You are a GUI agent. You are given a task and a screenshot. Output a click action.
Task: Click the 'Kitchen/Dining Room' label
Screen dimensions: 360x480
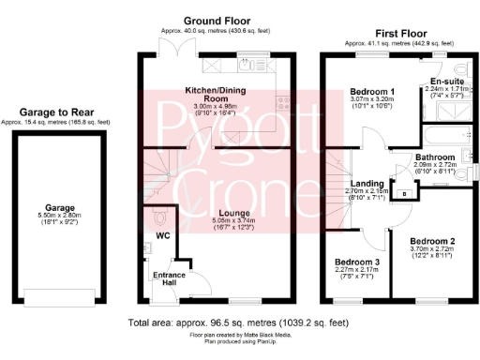tap(217, 94)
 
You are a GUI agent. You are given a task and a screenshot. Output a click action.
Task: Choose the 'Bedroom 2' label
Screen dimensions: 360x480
tap(432, 240)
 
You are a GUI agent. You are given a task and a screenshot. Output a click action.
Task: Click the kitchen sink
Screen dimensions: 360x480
tap(248, 67)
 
